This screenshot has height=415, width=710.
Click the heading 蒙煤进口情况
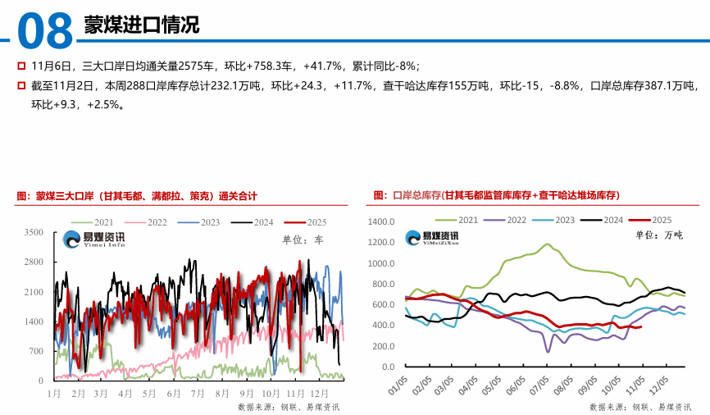pyautogui.click(x=141, y=25)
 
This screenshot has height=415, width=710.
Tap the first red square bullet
pyautogui.click(x=21, y=66)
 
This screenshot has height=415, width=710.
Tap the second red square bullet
pyautogui.click(x=21, y=85)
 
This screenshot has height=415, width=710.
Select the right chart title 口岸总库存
pyautogui.click(x=496, y=195)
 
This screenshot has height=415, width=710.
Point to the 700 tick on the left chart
pyautogui.click(x=36, y=351)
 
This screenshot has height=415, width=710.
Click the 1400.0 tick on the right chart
pyautogui.click(x=381, y=222)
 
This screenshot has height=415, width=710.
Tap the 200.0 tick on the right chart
pyautogui.click(x=384, y=346)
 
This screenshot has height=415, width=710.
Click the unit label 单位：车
pyautogui.click(x=303, y=240)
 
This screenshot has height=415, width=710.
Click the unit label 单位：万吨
pyautogui.click(x=658, y=235)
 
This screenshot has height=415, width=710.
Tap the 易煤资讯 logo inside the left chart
pyautogui.click(x=94, y=239)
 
